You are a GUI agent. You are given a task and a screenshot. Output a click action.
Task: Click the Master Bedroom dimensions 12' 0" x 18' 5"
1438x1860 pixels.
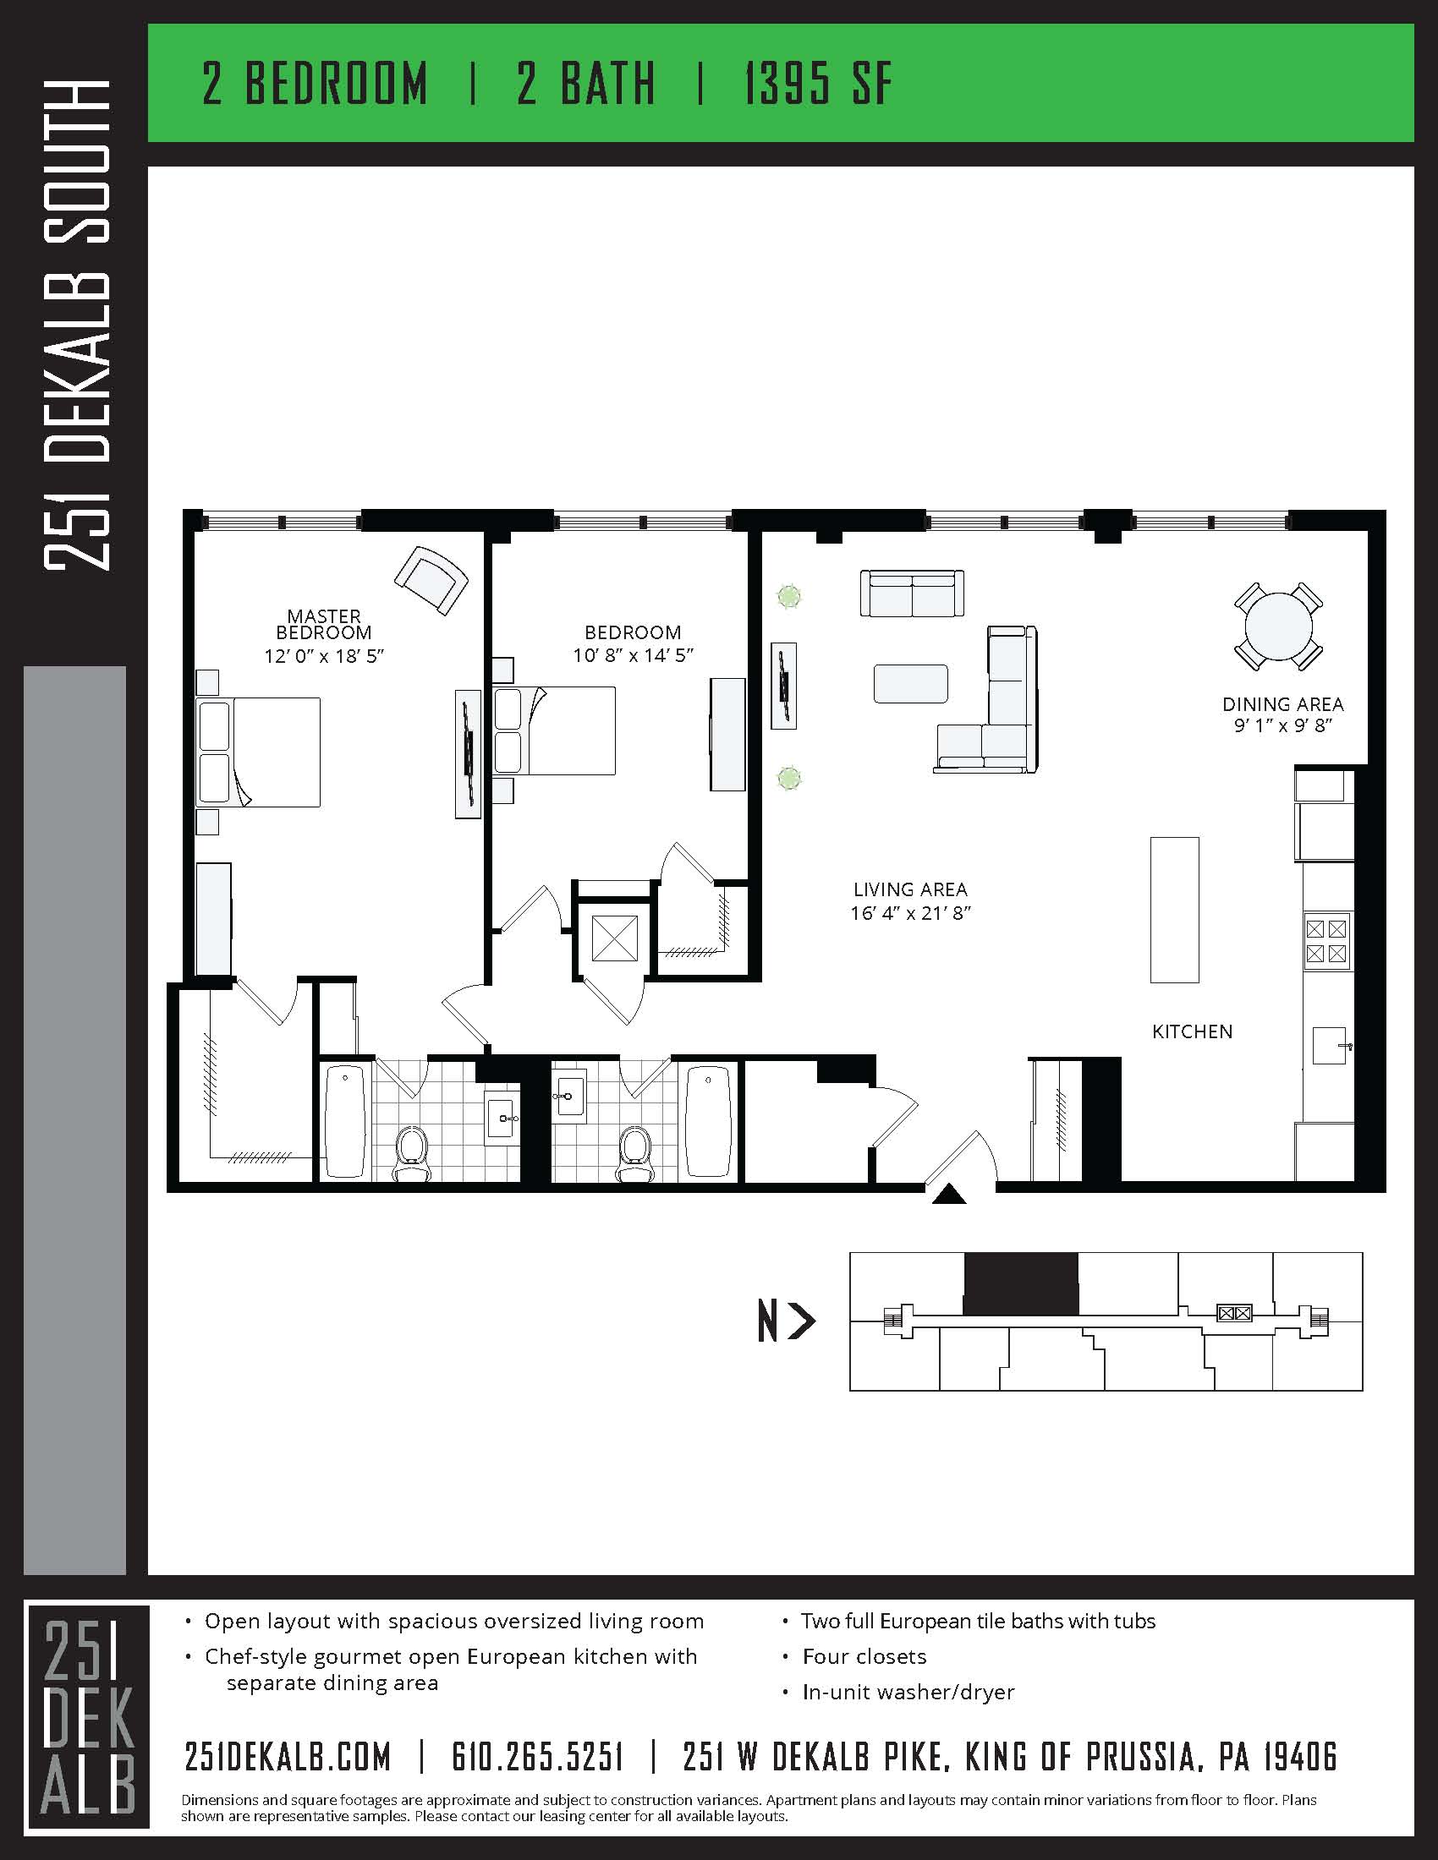(325, 656)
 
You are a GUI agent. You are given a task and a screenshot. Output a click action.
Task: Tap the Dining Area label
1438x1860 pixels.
(1282, 704)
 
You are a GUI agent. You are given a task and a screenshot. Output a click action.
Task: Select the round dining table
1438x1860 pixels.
(1278, 626)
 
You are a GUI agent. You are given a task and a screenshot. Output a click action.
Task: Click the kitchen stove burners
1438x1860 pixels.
(1326, 940)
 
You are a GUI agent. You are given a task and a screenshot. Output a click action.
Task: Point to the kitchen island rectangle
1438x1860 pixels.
(1174, 910)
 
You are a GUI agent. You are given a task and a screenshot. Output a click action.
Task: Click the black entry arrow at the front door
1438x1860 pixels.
(948, 1195)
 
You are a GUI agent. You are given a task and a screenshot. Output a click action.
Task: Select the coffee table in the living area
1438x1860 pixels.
(910, 683)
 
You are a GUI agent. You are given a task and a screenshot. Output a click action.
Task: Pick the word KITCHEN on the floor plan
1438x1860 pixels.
(1192, 1031)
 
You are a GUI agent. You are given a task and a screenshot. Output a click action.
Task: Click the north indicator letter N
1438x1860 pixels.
(767, 1322)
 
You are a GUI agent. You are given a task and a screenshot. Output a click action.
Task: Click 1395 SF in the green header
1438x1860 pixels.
(818, 84)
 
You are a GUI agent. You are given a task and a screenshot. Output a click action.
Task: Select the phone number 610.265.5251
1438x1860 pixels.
(536, 1756)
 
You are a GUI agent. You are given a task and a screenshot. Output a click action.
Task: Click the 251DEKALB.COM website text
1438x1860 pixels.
(288, 1756)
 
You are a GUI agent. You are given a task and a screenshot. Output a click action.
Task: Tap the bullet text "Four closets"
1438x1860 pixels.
(864, 1656)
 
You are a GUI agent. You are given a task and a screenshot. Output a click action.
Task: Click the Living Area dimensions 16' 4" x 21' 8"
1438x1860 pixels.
(910, 913)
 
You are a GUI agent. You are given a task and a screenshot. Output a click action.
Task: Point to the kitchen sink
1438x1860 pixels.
(1329, 1045)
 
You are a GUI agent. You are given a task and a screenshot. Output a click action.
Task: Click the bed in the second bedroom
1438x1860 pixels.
(555, 730)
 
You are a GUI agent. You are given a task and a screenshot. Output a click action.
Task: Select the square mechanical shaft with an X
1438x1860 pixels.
(613, 938)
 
